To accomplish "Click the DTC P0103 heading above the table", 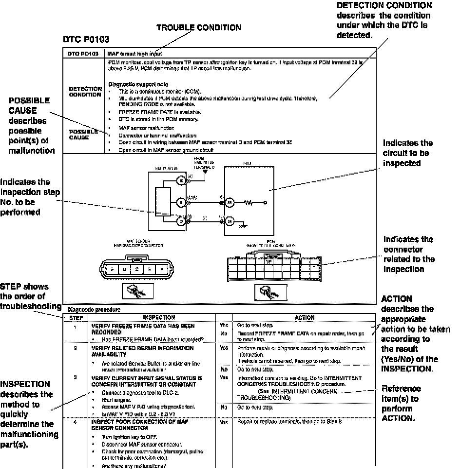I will (x=86, y=39).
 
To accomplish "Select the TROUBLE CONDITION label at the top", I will (x=198, y=28).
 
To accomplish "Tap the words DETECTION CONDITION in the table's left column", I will (x=85, y=92).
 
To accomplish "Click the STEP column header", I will (x=75, y=317).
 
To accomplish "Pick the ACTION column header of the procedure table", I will (x=305, y=317).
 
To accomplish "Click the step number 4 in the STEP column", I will (x=75, y=422).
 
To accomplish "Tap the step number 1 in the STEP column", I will (x=75, y=325).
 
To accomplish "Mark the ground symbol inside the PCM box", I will (x=242, y=226).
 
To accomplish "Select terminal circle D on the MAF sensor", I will (x=181, y=222).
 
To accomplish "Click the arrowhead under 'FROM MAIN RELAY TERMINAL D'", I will (x=206, y=172).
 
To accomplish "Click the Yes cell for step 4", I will (x=224, y=422).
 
